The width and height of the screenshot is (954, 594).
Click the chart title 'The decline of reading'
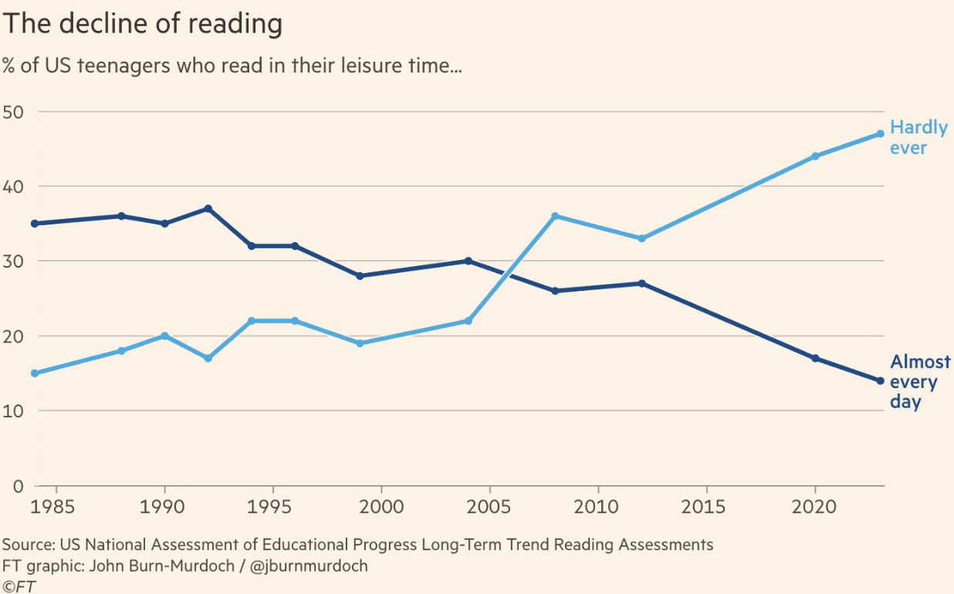click(142, 25)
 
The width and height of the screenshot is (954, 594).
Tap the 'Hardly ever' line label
click(918, 137)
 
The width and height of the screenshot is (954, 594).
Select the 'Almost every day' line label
click(920, 382)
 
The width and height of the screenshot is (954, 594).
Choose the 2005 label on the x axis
click(489, 507)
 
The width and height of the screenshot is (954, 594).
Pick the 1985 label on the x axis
click(58, 507)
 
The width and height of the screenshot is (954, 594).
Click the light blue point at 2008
click(555, 216)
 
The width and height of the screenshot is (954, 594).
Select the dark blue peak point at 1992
click(208, 208)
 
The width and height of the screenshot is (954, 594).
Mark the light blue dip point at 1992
click(208, 358)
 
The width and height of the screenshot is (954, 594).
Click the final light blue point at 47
click(880, 133)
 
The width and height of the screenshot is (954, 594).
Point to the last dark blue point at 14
click(880, 380)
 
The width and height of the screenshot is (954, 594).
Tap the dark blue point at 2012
click(641, 283)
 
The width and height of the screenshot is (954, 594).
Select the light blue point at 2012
click(641, 238)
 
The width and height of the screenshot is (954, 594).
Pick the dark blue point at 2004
click(468, 261)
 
